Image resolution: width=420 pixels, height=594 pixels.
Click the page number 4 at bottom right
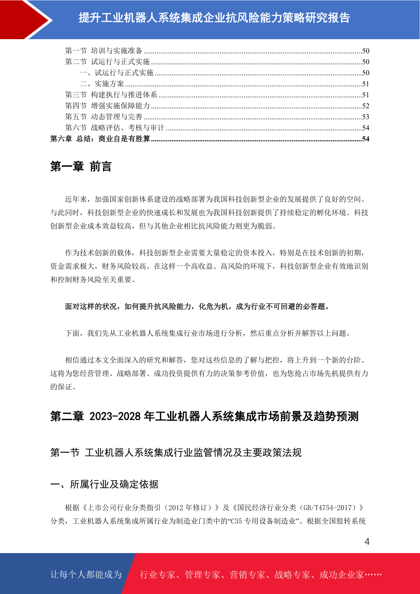367,541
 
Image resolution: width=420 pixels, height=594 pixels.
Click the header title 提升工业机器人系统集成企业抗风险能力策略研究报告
214,18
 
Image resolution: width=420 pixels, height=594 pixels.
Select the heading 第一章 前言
81,166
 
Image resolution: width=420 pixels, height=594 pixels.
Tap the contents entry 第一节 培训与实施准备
104,51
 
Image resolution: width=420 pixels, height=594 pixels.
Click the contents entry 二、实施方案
102,84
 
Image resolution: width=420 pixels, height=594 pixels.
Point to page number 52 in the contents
365,106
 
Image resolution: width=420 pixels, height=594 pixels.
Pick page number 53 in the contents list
365,117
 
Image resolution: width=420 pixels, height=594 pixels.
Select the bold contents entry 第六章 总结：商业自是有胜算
101,139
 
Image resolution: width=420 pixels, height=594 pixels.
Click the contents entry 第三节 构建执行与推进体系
111,95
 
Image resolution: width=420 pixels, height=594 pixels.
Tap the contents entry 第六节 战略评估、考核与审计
115,128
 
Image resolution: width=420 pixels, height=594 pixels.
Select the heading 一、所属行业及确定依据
104,484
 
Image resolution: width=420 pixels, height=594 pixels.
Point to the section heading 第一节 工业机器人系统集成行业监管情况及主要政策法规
176,453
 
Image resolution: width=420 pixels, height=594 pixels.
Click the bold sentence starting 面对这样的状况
197,307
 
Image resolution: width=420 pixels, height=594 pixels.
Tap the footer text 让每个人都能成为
86,575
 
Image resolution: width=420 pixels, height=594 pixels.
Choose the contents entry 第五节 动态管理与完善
104,117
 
